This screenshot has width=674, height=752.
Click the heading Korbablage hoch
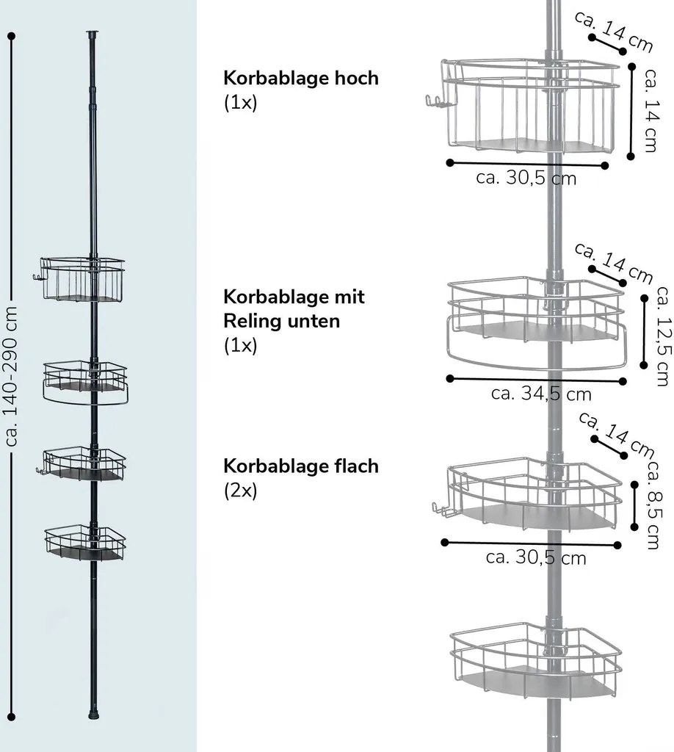[x=301, y=78]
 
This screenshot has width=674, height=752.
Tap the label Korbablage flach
[x=301, y=466]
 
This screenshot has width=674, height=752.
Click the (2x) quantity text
[x=241, y=491]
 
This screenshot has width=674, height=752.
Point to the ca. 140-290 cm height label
[x=10, y=377]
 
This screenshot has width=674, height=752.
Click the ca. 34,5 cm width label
[x=541, y=394]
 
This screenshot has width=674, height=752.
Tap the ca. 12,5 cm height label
[x=663, y=336]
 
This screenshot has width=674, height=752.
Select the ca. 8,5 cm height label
[x=654, y=505]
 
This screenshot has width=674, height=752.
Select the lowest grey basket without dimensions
[x=536, y=660]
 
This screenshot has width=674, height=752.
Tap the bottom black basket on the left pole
[x=85, y=543]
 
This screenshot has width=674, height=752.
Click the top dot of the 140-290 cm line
[x=12, y=36]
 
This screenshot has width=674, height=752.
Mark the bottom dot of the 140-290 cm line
[x=12, y=717]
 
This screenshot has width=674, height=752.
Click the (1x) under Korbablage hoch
[x=241, y=103]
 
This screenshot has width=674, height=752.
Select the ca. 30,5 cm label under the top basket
[x=526, y=178]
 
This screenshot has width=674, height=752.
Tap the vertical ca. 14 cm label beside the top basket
[x=651, y=111]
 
